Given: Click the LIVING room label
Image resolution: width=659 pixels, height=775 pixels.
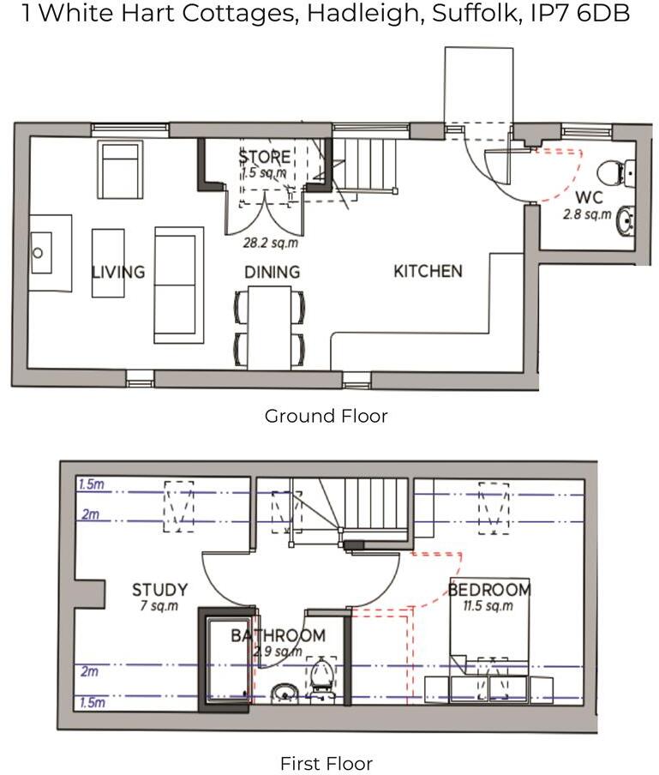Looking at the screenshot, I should point(118,273).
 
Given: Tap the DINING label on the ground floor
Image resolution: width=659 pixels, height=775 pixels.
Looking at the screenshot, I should point(272,273).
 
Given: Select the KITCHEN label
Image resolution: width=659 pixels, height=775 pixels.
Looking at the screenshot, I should point(428,271).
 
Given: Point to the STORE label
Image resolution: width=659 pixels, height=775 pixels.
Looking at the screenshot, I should point(265,158).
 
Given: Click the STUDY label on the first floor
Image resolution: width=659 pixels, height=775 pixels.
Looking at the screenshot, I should point(159,590).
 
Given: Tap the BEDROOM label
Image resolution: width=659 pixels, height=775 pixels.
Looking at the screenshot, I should point(489,590).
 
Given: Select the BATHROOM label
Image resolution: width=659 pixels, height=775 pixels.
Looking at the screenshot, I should point(278,636).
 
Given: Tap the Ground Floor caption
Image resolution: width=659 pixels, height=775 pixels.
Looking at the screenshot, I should point(326,417).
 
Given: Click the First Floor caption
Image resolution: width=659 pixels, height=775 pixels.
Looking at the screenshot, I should point(327,763).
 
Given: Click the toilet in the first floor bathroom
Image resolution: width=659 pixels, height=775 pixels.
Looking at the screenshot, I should point(321,674).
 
